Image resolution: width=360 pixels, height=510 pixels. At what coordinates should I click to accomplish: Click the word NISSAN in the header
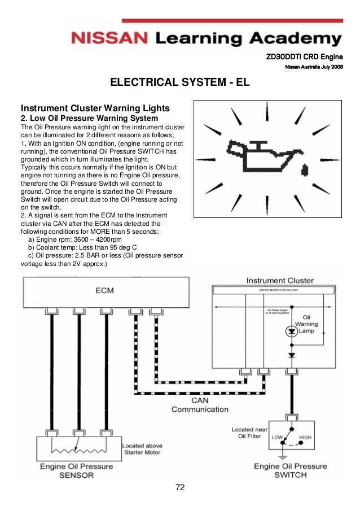[x=109, y=38]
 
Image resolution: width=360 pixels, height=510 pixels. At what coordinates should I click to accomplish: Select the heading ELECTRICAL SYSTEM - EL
[x=179, y=84]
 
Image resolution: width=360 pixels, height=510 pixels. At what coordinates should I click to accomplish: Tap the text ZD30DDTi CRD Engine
[x=305, y=57]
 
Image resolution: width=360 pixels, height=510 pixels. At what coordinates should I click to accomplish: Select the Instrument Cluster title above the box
[x=280, y=281]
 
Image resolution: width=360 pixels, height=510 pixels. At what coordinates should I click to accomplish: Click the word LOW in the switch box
[x=277, y=438]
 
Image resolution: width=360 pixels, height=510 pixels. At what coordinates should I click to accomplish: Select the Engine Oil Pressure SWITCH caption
[x=290, y=470]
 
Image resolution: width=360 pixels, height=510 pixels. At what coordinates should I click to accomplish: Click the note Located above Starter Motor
[x=142, y=449]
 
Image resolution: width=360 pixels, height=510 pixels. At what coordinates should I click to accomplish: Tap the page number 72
[x=181, y=487]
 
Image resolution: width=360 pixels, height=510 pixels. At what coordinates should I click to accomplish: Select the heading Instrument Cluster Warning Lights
[x=95, y=108]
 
